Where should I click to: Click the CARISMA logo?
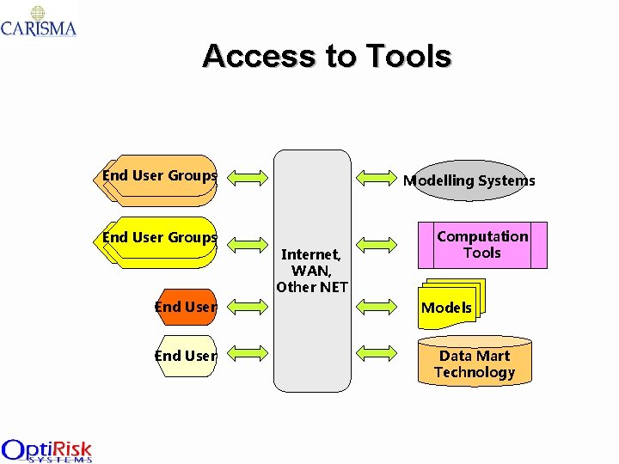(x=39, y=21)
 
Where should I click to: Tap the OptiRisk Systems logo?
(x=46, y=450)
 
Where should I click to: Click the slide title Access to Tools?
(x=327, y=57)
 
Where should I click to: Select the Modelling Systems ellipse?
(x=469, y=180)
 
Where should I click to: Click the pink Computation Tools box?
(x=482, y=245)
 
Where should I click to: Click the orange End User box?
(x=187, y=307)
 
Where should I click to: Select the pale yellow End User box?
(x=187, y=355)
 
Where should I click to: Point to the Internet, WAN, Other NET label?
(x=311, y=270)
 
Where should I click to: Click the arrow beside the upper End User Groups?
(x=248, y=178)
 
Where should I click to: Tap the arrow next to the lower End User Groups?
(x=248, y=242)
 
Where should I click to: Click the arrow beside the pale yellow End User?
(x=248, y=352)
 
